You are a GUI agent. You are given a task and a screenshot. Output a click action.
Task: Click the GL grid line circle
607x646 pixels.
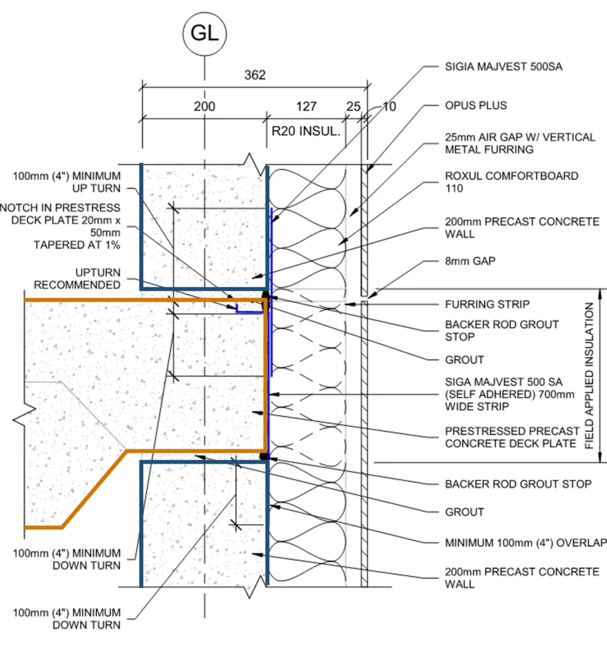204,33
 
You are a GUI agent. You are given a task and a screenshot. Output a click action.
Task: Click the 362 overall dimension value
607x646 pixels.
255,74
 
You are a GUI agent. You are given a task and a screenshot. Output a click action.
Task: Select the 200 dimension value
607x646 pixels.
204,107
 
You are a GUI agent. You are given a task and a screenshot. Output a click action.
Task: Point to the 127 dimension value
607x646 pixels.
307,107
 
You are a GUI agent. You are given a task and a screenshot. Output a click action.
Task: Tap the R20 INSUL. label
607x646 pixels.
306,132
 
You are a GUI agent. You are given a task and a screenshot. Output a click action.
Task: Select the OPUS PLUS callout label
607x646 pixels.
476,105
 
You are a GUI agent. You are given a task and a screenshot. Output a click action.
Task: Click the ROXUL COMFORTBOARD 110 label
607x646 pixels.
511,182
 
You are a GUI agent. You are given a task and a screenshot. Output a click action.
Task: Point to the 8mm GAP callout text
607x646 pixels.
470,261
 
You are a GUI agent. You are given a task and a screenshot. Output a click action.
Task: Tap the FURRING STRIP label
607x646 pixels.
487,304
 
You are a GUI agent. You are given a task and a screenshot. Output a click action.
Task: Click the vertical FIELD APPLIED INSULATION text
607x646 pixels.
589,376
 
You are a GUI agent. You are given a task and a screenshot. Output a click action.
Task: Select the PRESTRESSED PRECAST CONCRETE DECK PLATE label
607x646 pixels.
512,437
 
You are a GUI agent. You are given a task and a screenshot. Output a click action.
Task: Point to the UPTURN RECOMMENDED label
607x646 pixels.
77,278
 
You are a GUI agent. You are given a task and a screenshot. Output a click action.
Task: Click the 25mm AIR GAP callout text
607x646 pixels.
520,143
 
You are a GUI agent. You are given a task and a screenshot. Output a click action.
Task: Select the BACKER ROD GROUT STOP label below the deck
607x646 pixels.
518,484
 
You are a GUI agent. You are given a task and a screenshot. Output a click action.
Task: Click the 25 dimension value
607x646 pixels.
353,107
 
